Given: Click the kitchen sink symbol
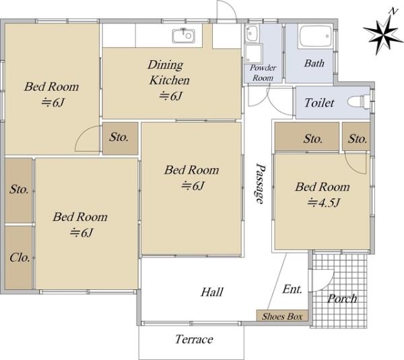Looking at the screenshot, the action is click(x=183, y=35).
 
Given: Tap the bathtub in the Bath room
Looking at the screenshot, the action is click(x=315, y=36).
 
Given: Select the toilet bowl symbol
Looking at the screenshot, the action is click(x=359, y=101).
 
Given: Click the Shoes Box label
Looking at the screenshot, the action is click(x=282, y=316).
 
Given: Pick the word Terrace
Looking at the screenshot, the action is click(x=194, y=339).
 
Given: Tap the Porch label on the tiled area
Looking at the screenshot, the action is click(x=342, y=299).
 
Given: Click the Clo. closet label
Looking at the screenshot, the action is click(x=20, y=257).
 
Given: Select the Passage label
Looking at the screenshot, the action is click(x=260, y=183).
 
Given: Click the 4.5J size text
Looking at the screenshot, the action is click(x=324, y=203).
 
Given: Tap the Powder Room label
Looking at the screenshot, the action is click(x=263, y=73).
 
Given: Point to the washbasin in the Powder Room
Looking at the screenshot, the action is click(x=251, y=33).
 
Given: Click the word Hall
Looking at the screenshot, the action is click(x=212, y=292).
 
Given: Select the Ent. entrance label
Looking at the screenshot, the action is click(x=292, y=289).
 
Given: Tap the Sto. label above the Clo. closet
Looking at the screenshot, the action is click(x=19, y=189).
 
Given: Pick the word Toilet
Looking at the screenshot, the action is click(x=319, y=103).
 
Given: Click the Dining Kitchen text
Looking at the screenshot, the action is click(x=169, y=72).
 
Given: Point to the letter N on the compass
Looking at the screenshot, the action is click(x=393, y=11).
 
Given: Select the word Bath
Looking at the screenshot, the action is click(x=314, y=63).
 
